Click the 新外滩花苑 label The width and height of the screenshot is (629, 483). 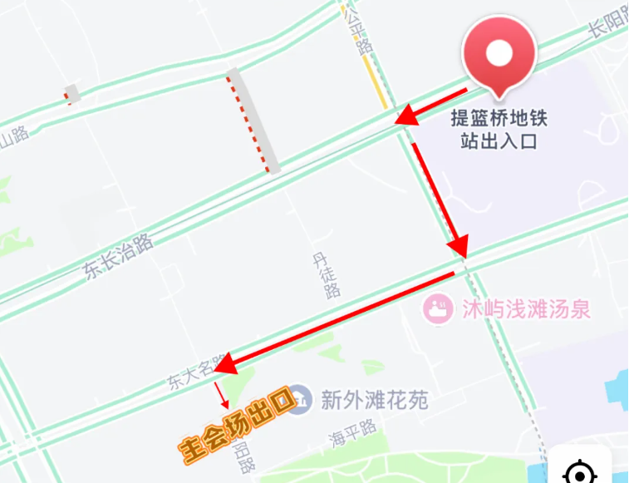point(374,402)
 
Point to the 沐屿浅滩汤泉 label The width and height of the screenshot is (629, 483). point(526,310)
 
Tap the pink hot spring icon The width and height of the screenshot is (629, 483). point(436,310)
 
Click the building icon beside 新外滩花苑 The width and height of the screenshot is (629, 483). point(302,401)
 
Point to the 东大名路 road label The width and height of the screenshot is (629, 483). point(194,372)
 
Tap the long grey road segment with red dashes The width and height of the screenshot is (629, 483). point(253,121)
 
